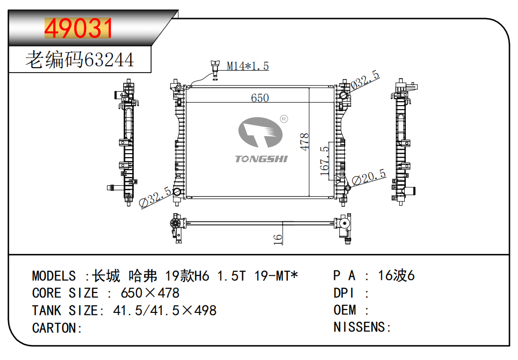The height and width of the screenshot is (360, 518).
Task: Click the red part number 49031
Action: (x=79, y=29)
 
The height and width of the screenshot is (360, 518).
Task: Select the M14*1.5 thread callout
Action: (x=248, y=66)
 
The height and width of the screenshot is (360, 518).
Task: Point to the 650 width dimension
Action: (x=260, y=98)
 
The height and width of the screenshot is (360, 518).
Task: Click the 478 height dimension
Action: (x=304, y=142)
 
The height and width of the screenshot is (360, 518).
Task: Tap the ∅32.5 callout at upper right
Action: (x=365, y=80)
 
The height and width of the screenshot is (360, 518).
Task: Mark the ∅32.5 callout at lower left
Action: (x=156, y=197)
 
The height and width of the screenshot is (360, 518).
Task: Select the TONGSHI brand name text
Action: (x=262, y=159)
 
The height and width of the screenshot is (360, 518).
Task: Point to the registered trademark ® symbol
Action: (x=284, y=119)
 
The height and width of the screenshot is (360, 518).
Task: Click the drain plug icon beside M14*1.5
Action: (x=215, y=68)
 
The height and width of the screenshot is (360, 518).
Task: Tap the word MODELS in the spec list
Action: (x=54, y=276)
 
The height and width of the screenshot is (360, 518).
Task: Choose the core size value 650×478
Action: (x=150, y=293)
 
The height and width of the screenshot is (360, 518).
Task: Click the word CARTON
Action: (x=55, y=328)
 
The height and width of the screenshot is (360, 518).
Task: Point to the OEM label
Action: (x=345, y=310)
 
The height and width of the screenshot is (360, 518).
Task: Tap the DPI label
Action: (x=345, y=293)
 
